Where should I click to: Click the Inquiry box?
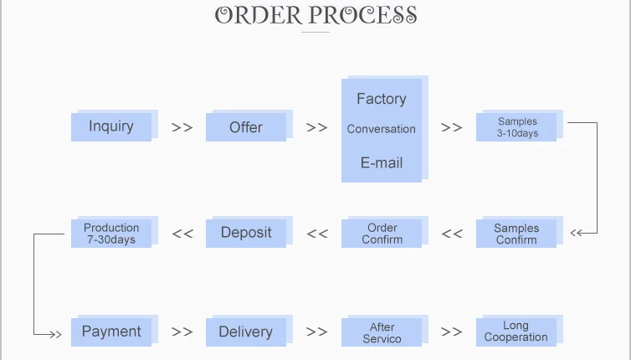111,126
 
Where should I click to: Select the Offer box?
246,127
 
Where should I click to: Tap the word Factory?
381,99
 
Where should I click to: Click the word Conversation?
381,129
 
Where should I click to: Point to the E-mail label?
381,163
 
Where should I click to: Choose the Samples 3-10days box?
516,127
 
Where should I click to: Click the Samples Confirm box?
516,234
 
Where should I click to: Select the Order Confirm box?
382,234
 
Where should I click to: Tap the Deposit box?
246,233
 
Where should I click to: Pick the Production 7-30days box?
111,234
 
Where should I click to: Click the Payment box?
111,332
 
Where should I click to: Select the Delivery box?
246,332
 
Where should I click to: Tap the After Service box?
382,332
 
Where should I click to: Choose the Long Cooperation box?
516,332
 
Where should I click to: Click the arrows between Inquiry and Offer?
182,127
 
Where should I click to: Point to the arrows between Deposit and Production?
182,234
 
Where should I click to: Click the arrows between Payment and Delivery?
182,332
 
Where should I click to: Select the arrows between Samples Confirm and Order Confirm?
452,234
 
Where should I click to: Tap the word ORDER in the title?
259,16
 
